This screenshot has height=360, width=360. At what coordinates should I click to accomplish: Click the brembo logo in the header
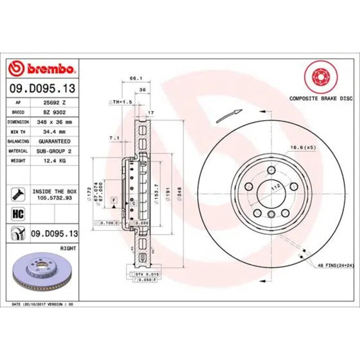(x=42, y=67)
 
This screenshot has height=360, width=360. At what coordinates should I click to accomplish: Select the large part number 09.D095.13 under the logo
(x=42, y=88)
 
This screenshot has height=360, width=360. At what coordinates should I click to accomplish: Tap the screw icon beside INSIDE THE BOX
(x=18, y=193)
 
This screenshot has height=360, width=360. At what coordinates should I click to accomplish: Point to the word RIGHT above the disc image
(x=67, y=247)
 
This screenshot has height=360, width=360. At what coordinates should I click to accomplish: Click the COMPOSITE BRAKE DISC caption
(x=320, y=98)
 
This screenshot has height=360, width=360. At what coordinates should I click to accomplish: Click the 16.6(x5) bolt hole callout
(x=303, y=147)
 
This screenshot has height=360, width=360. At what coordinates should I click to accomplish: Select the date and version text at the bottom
(x=42, y=304)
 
